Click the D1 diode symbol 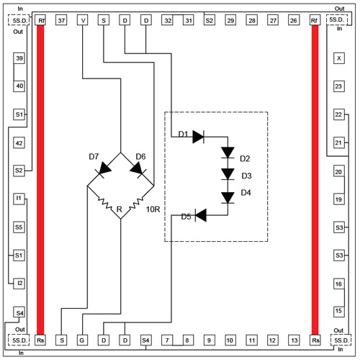[199, 137]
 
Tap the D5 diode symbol [201, 215]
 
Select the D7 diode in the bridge [103, 169]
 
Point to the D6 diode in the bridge [138, 169]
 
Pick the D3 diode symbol [228, 174]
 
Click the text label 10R [153, 209]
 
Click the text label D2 [245, 159]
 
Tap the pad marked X [339, 58]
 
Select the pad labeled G [82, 340]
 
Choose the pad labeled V [83, 20]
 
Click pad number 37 [61, 20]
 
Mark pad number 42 [19, 143]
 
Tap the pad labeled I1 [19, 199]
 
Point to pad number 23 [339, 86]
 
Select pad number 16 [339, 284]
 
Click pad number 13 [294, 340]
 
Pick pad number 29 [230, 20]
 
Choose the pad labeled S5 [19, 227]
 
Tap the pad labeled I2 [19, 284]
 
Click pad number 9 [210, 340]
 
